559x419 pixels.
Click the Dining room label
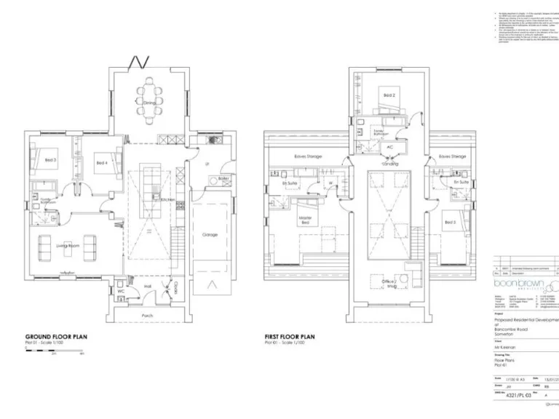[x=149, y=103]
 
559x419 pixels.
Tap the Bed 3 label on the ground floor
[x=50, y=159]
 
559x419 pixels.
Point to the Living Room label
[x=68, y=247]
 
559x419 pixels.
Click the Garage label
[x=210, y=235]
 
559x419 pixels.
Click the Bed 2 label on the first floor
[x=389, y=95]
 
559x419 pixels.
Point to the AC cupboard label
[x=389, y=145]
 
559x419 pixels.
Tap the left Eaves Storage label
[x=309, y=156]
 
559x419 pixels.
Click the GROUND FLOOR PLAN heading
[x=57, y=337]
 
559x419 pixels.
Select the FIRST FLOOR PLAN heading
[x=290, y=337]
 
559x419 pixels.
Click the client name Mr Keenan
[x=507, y=348]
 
